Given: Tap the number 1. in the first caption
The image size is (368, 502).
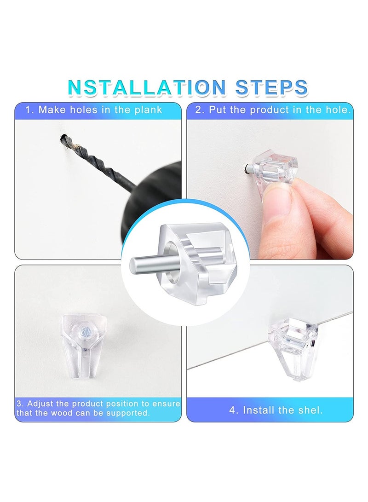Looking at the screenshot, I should pos(30,110).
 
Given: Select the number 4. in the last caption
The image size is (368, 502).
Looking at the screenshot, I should pos(234,410).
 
